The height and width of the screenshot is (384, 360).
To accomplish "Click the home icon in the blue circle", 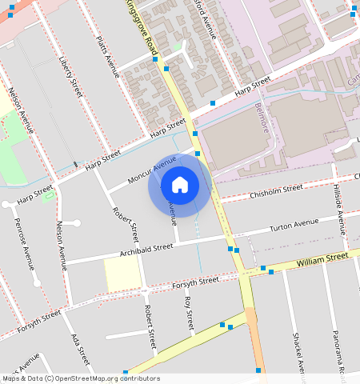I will [x=180, y=186].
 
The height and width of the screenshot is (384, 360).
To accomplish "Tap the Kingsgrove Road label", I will [x=142, y=27].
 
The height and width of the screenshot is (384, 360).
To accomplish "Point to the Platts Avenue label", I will [x=108, y=60].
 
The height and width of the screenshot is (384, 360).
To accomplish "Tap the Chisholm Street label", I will [x=276, y=190].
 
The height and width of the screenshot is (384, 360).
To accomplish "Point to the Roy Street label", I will [x=189, y=313].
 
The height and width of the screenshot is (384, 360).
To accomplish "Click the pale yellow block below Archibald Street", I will [x=122, y=274].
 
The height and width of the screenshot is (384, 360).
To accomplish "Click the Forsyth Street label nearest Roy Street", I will [x=195, y=282].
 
